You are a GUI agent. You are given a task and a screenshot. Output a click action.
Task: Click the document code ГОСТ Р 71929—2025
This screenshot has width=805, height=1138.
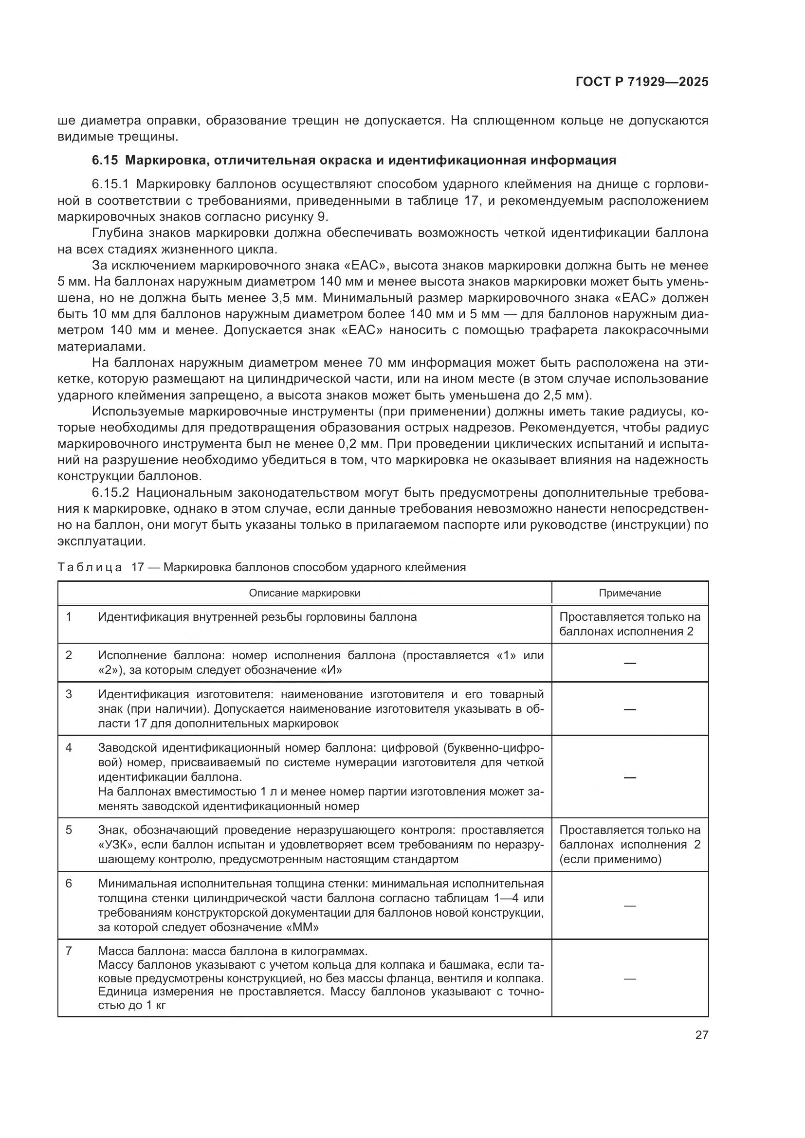tap(642, 82)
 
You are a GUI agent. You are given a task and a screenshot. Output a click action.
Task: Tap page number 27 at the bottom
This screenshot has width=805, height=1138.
tap(701, 1035)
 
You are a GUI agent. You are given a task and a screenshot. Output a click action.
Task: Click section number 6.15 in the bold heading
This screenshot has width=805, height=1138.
tap(105, 160)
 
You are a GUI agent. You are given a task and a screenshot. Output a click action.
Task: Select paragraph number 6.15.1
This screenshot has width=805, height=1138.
tap(110, 184)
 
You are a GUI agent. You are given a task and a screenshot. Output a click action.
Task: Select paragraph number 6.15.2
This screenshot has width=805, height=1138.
tap(110, 493)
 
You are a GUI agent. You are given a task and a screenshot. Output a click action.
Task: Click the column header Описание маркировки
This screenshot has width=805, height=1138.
tap(304, 593)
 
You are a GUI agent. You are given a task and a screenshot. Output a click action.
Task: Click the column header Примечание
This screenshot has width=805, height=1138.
tap(629, 593)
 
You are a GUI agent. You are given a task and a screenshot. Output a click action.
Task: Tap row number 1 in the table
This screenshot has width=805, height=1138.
tap(69, 617)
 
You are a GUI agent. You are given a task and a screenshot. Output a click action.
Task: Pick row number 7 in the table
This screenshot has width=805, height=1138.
tap(69, 951)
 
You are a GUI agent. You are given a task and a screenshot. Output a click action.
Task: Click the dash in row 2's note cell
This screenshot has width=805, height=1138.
tap(629, 663)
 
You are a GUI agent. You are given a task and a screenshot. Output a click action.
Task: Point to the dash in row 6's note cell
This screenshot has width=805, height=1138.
tap(629, 905)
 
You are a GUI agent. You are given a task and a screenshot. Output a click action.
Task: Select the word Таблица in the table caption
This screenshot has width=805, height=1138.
tap(90, 567)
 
